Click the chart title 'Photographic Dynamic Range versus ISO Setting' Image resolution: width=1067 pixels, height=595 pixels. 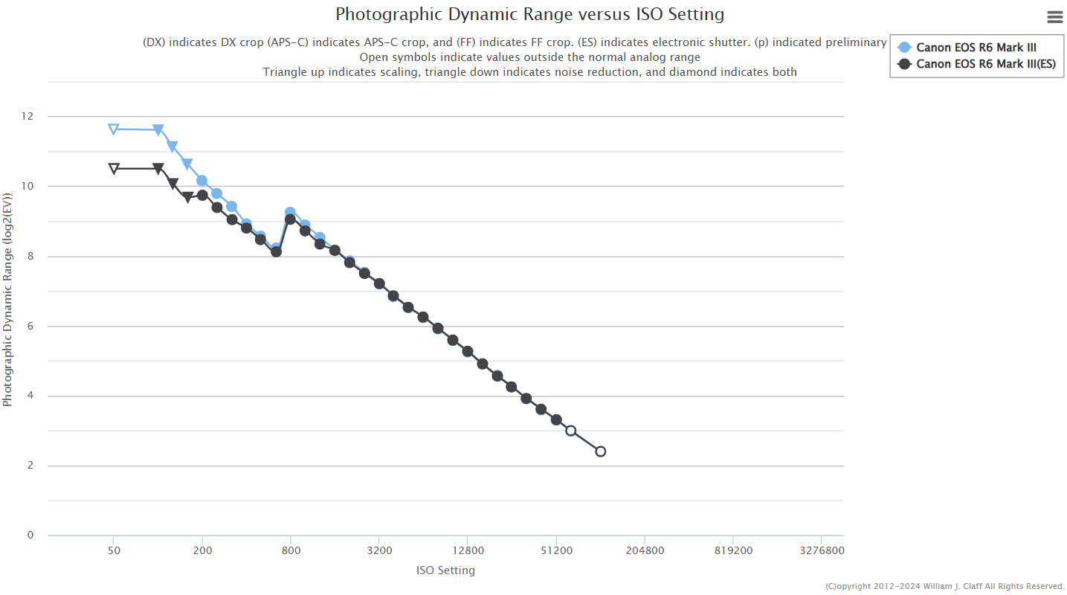[529, 14]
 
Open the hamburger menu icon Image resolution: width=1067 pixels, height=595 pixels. [1054, 17]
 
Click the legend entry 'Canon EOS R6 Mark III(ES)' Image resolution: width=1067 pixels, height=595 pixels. [985, 64]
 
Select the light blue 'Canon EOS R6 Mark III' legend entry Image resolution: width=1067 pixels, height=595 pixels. [976, 48]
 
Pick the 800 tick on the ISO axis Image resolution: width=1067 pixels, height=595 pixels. [291, 551]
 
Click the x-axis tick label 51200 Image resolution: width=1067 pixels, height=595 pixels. [556, 551]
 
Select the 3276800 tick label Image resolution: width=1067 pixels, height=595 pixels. [821, 551]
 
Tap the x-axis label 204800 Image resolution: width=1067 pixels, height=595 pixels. [644, 551]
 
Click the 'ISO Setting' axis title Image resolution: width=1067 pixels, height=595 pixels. [445, 570]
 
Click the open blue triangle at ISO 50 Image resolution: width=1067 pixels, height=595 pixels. [114, 129]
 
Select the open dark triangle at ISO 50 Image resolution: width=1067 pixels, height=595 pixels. [114, 169]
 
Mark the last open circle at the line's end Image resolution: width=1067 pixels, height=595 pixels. [601, 451]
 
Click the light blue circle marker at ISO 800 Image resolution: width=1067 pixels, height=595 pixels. [290, 213]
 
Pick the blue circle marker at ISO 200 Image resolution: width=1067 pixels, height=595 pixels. [202, 181]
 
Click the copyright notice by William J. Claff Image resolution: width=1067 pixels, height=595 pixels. [945, 586]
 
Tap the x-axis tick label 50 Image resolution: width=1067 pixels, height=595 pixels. [114, 551]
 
